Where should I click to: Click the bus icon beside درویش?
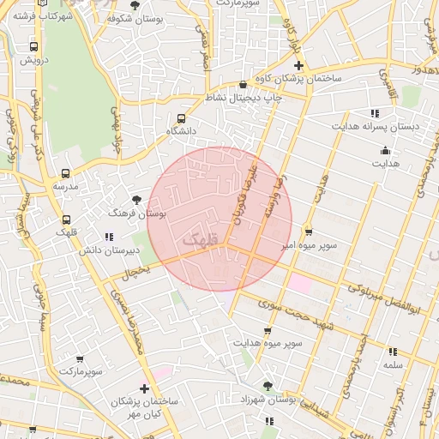click(x=33, y=47)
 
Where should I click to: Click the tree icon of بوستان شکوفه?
click(x=134, y=5)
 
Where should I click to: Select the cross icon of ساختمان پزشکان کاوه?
click(x=298, y=65)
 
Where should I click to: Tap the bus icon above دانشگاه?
click(x=181, y=118)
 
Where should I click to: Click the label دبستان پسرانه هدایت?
click(x=390, y=125)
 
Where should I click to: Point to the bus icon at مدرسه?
click(x=66, y=173)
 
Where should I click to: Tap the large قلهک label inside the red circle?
click(x=203, y=234)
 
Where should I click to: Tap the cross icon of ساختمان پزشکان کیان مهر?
click(x=143, y=388)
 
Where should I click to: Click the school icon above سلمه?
click(x=393, y=352)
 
